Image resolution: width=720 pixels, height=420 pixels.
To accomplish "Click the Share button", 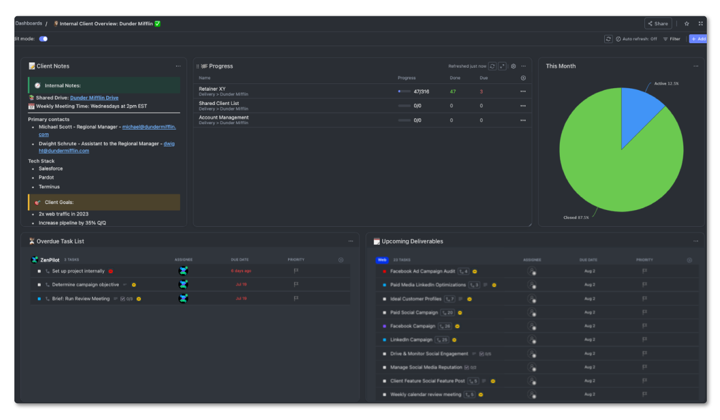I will coord(658,23).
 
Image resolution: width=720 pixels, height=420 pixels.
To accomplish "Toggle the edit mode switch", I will coord(43,39).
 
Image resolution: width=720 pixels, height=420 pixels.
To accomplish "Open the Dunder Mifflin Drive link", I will coord(94,98).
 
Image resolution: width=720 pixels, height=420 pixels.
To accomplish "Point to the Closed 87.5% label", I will coord(576,217).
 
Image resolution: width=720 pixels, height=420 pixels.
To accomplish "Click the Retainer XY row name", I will coord(212,89).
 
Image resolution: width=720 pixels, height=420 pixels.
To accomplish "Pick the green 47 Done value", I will coord(453,91).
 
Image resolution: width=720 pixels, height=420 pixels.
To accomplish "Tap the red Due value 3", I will coord(481,91).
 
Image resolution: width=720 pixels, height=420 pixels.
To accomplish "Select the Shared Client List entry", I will coord(219,103).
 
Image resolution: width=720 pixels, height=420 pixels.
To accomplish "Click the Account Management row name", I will coord(224,118).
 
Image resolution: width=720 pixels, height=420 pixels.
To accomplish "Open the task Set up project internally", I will coord(78,271).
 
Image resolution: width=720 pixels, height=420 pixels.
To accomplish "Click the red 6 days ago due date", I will coord(241,271).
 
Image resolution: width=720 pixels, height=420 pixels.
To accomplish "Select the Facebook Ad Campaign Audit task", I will coord(422,271).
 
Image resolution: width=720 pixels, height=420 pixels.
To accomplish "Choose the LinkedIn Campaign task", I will coord(411,340).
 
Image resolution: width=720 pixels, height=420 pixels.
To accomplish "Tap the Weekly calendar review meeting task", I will coord(425,394).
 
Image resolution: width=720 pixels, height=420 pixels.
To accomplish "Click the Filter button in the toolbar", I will coord(671,39).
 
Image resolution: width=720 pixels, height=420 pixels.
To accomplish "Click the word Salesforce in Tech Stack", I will coord(51,169).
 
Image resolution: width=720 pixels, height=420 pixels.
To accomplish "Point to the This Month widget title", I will coord(560,66).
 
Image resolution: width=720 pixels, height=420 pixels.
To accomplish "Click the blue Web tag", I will coord(382,260).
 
